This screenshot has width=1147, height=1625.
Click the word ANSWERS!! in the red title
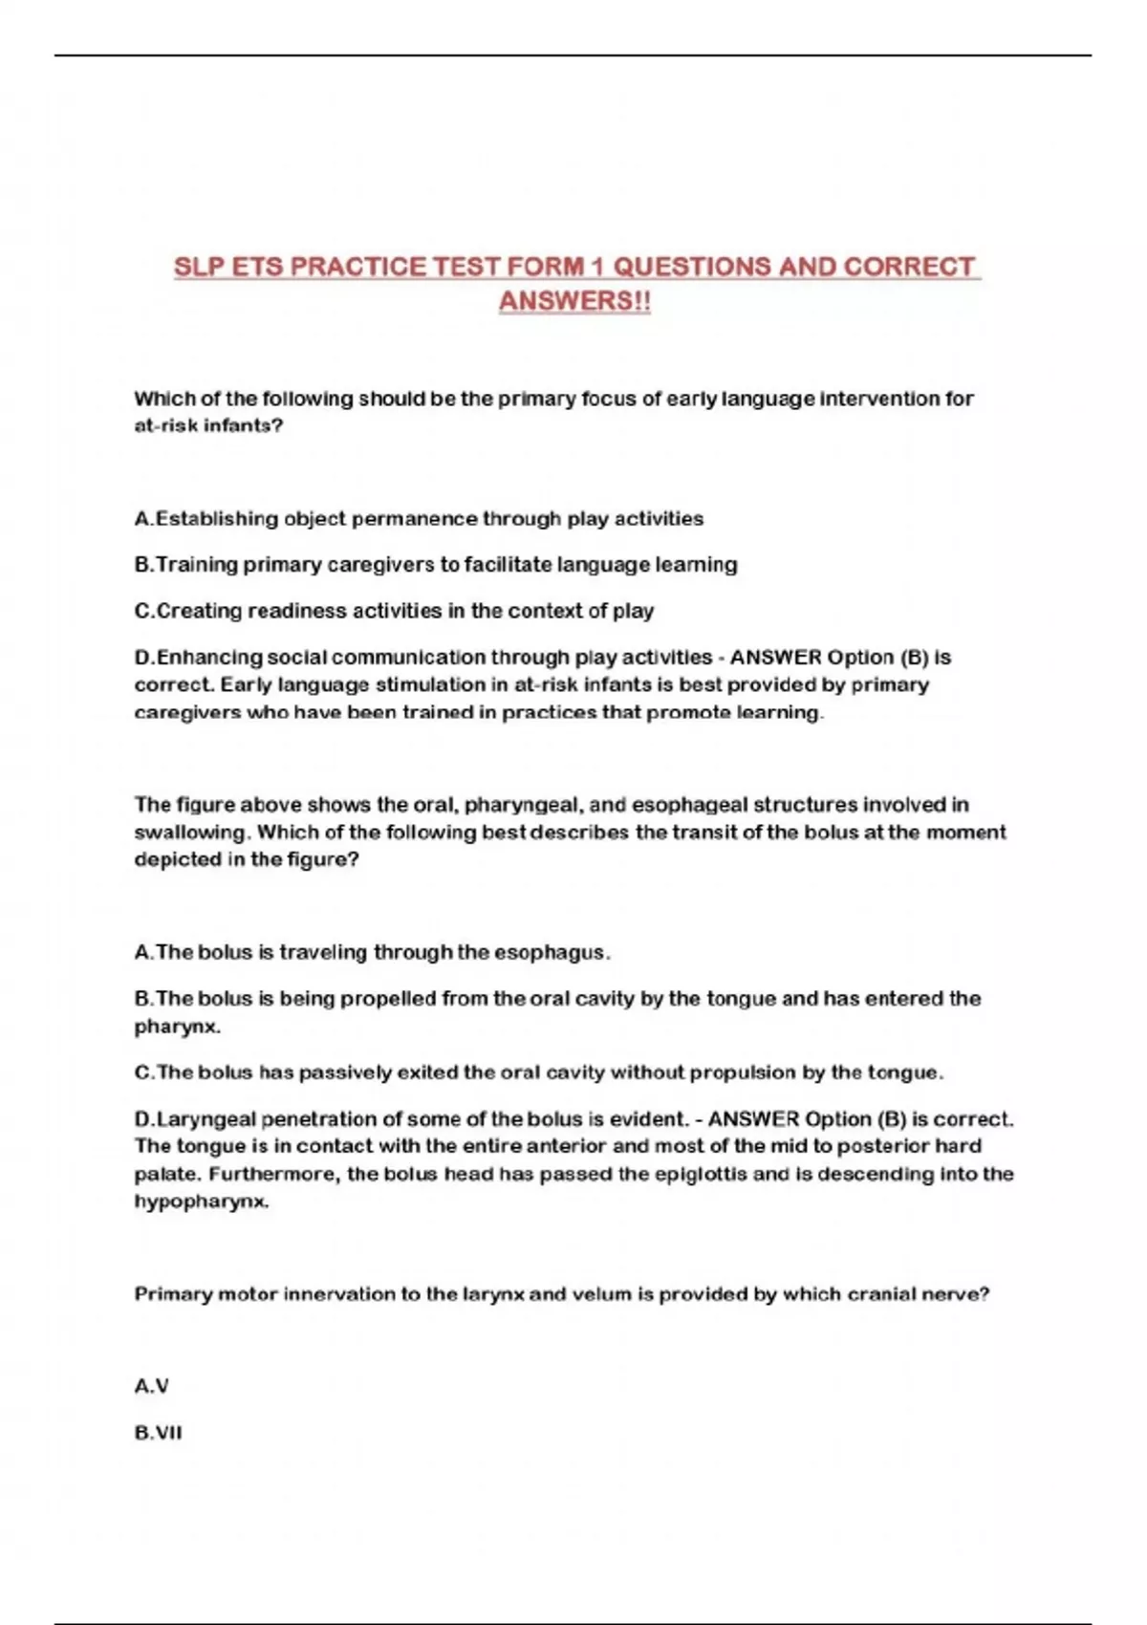tap(574, 300)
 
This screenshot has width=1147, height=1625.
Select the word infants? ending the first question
tap(243, 426)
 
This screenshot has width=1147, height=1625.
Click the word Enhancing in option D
tap(209, 658)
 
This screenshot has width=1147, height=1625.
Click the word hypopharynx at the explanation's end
tap(201, 1202)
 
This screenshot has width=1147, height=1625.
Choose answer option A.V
tap(152, 1386)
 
